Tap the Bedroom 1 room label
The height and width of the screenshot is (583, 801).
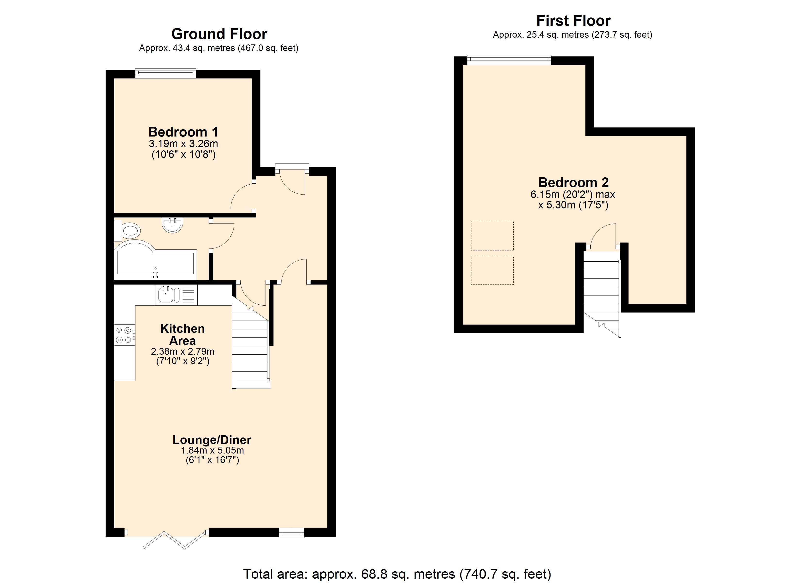click(183, 132)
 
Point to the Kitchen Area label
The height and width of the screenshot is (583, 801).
click(182, 334)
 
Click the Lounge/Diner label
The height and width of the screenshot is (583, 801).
click(212, 440)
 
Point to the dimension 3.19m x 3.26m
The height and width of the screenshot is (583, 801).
click(183, 144)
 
